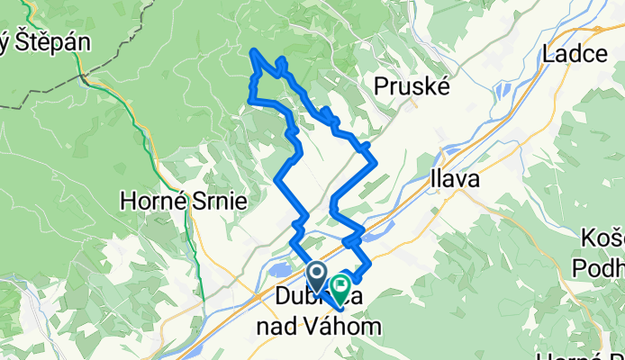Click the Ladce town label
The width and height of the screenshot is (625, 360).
pos(575,54)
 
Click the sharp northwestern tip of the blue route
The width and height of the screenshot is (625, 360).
pos(254,51)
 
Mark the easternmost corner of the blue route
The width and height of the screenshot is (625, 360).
pos(374,162)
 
